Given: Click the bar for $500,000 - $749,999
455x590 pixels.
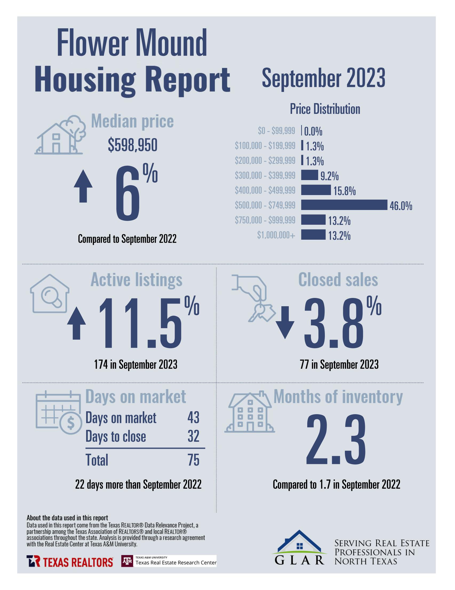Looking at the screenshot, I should coord(344,205).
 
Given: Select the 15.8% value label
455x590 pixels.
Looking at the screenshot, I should coord(344,191).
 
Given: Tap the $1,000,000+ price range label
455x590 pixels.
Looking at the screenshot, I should coord(276,235).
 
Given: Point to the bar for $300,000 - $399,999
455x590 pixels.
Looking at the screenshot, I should coord(309,175).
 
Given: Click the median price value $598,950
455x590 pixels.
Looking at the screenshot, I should coord(133,145).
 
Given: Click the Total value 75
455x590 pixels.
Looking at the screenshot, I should coord(193,460).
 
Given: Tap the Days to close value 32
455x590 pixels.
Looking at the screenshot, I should coord(193,436).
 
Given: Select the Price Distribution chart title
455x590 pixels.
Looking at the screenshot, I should coord(325,109).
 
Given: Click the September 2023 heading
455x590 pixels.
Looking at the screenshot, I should coord(324,78).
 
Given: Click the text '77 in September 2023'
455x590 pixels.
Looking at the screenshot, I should coord(339,365).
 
